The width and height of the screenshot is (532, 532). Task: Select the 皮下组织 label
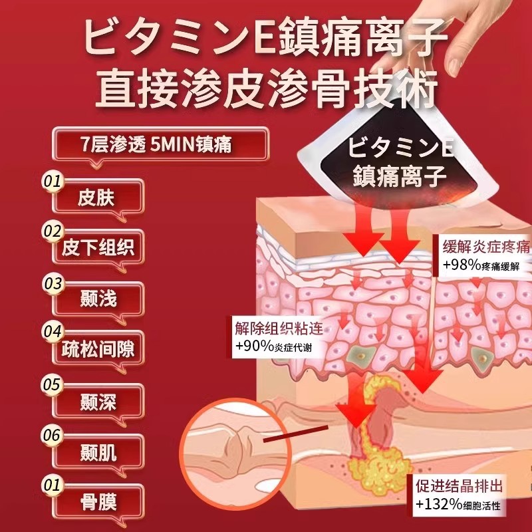point(98,247)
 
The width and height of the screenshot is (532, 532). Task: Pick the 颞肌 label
point(98,453)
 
